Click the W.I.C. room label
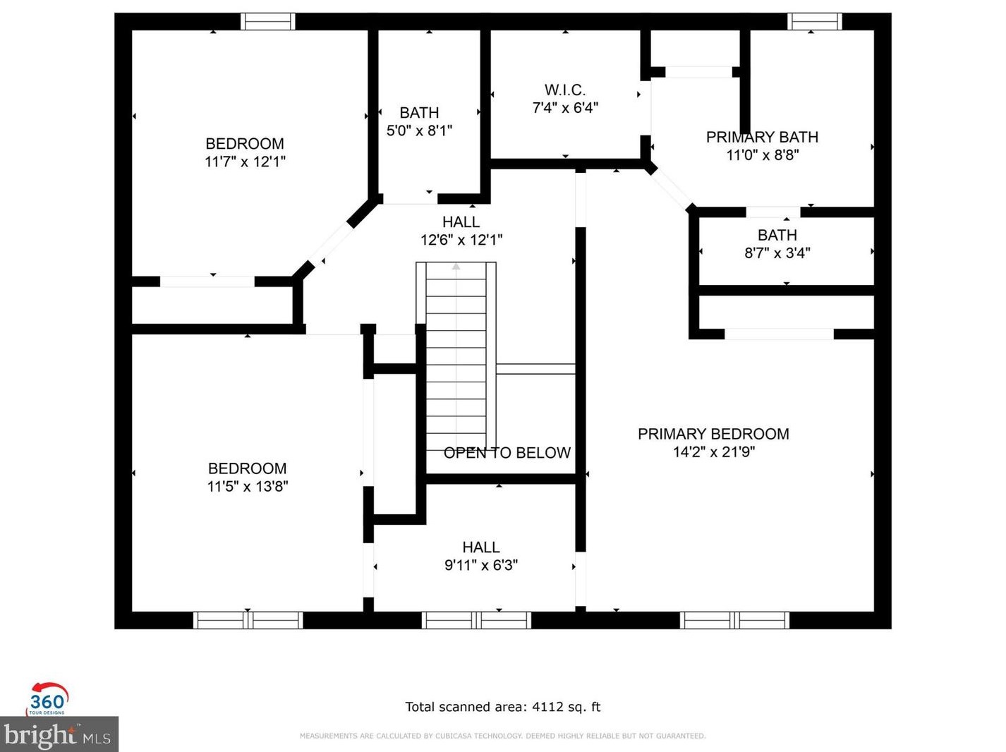(564, 90)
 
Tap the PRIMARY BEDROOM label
(713, 434)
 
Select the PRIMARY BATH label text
(762, 137)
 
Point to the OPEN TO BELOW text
(507, 453)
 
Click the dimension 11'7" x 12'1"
(245, 162)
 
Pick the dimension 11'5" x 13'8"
(247, 486)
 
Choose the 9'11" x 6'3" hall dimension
(480, 565)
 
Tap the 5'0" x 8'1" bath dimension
(419, 131)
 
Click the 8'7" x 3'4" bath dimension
(777, 253)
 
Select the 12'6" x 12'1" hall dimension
(461, 240)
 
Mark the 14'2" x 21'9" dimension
(714, 452)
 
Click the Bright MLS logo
(59, 734)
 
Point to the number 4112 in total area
(547, 707)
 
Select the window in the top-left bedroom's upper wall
(267, 22)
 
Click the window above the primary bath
(814, 22)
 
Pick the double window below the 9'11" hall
(476, 620)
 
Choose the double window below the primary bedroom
(734, 620)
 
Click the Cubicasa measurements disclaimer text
(502, 736)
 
